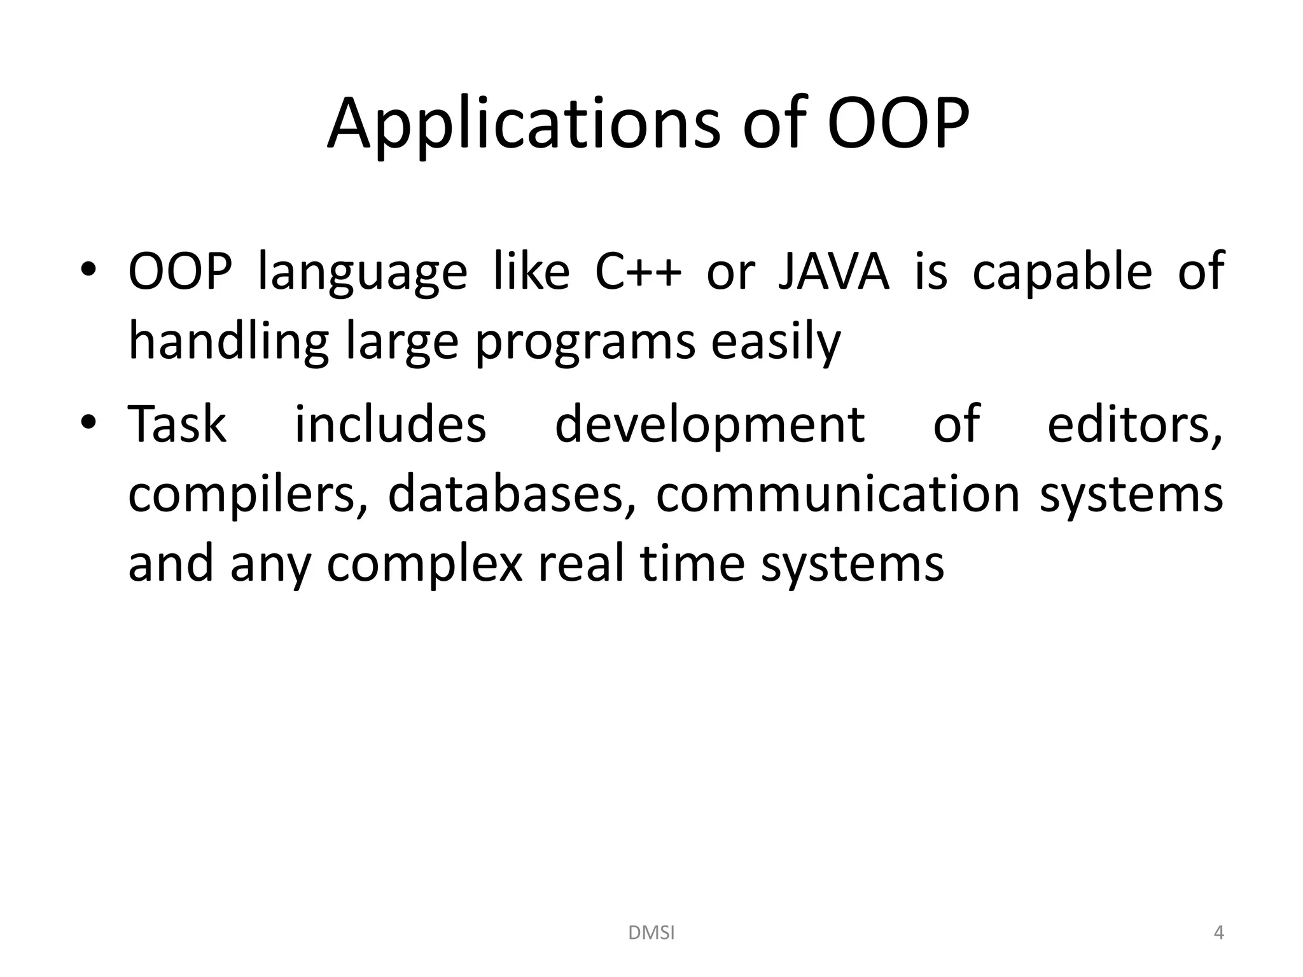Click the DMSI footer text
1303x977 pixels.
click(651, 933)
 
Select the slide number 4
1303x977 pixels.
click(1218, 933)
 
